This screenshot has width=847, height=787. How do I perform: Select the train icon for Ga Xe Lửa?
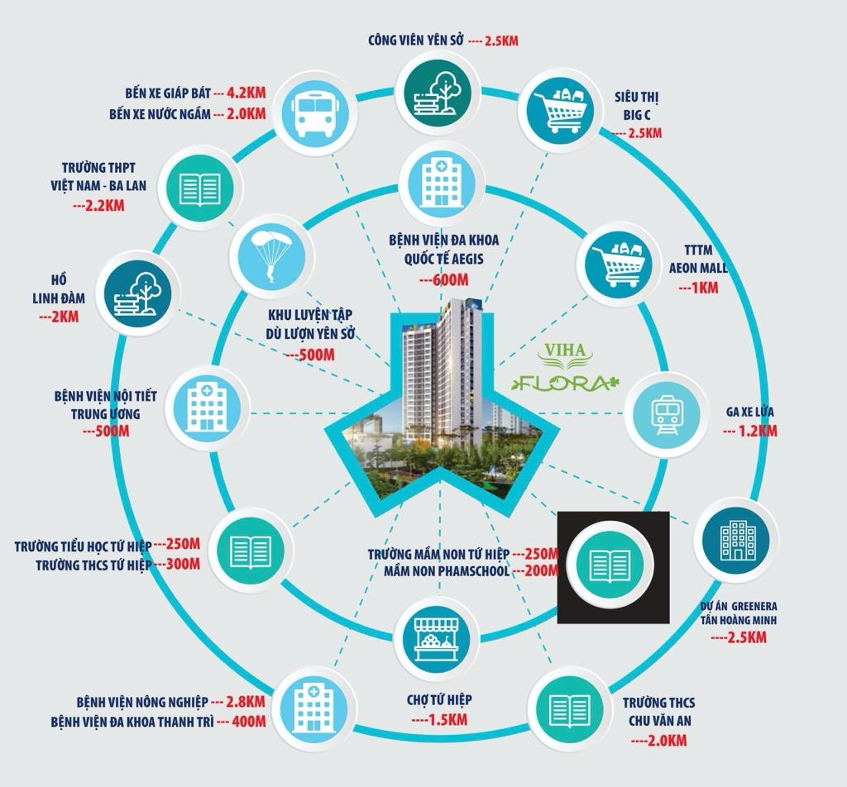click(x=667, y=414)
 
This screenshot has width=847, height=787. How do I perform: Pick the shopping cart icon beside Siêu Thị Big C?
click(x=560, y=112)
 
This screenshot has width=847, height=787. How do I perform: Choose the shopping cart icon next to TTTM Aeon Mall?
click(x=619, y=265)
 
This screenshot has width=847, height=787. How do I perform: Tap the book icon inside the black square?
click(x=610, y=565)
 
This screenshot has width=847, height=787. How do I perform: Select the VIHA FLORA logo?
click(x=566, y=367)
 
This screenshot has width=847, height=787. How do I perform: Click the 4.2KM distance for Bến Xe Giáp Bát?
click(x=246, y=93)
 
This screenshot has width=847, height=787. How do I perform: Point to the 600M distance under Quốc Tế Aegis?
click(x=443, y=279)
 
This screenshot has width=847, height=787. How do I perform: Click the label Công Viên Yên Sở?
click(x=416, y=41)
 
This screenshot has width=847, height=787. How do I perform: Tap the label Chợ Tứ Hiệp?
click(x=439, y=700)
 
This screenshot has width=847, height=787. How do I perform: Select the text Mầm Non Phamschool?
click(x=447, y=570)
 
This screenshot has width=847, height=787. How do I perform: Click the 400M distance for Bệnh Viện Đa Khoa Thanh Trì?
click(x=248, y=721)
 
